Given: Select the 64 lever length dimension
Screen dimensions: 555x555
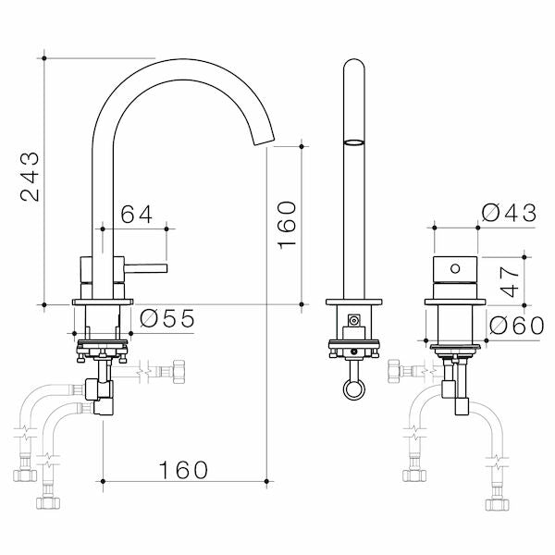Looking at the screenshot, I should [137, 214].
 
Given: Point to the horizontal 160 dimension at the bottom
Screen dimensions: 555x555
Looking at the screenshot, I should [182, 470].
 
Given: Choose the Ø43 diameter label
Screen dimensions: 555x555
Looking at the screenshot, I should [509, 213].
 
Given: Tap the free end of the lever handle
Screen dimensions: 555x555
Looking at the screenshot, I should [164, 267].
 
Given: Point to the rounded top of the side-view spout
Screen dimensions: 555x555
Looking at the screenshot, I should [352, 65].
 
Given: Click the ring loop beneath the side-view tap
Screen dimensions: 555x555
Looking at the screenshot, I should [352, 388].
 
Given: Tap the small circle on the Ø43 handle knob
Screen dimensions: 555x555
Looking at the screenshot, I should [453, 269].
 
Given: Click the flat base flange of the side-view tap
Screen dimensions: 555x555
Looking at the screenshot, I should [352, 302].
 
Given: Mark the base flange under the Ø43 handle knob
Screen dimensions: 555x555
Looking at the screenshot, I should [453, 302].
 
